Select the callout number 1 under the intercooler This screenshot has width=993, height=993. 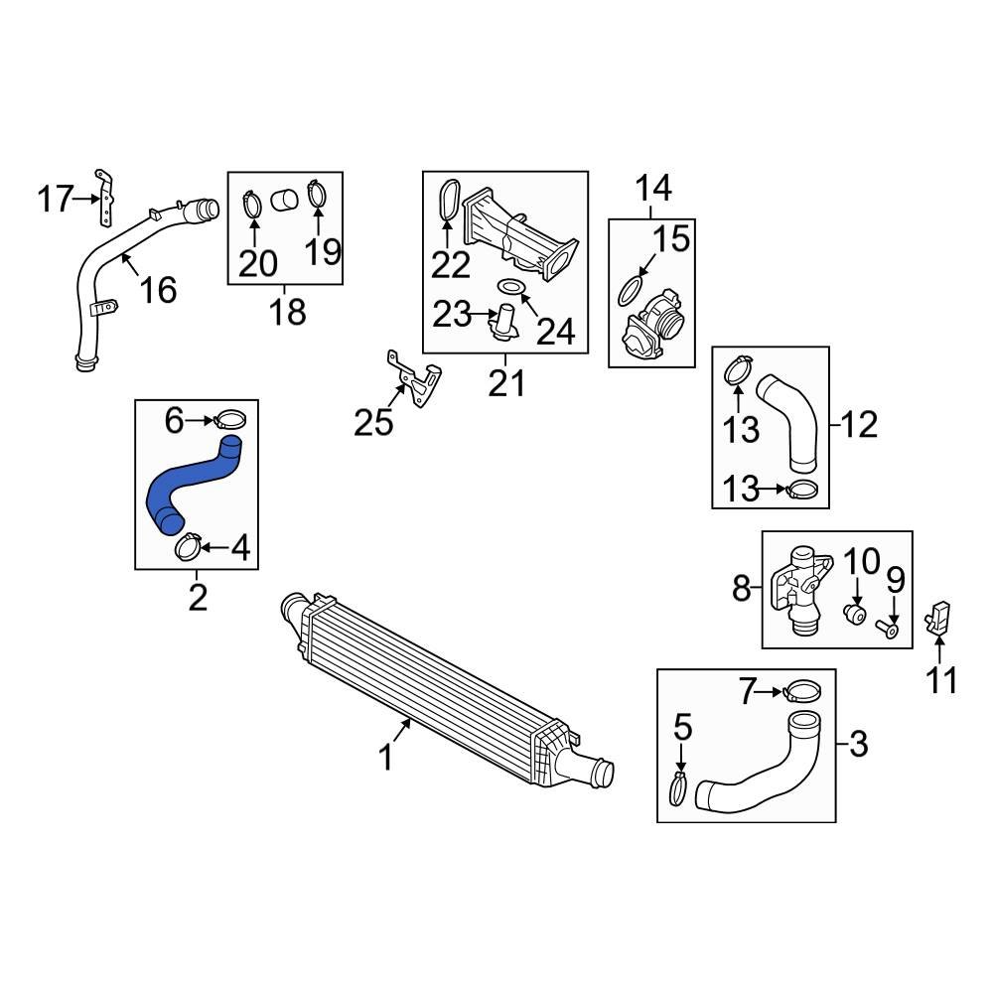pos(385,759)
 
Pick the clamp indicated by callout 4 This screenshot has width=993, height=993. pos(189,545)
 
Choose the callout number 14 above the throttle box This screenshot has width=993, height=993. pos(653,187)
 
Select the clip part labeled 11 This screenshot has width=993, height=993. pos(938,618)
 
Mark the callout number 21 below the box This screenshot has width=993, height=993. pos(505,382)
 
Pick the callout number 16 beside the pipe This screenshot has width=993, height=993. pos(157,290)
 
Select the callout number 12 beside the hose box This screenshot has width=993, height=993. pos(859,425)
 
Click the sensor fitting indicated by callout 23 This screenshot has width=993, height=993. pos(505,323)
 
